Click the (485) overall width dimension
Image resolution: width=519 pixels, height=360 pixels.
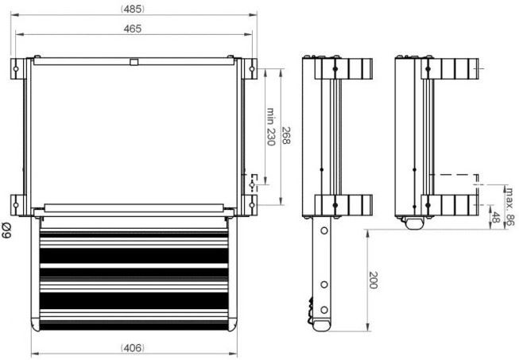point(133,10)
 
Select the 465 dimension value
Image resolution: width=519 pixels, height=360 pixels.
point(133,29)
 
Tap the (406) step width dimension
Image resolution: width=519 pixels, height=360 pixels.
point(133,348)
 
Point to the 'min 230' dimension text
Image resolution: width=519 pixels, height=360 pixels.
point(271,126)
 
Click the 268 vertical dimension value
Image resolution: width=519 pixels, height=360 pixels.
point(285,136)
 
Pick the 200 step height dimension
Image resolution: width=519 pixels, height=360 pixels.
point(373,280)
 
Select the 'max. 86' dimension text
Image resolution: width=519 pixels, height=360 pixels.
point(510,207)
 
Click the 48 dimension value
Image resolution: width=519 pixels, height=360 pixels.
point(495,218)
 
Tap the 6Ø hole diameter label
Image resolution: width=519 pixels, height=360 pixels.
point(6,230)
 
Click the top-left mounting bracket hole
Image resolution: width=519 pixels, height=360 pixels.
point(16,69)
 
